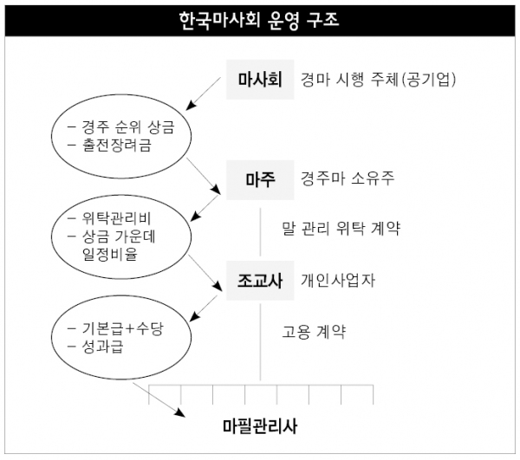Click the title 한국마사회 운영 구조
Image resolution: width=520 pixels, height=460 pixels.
coord(259,20)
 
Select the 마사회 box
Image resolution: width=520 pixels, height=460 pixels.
coord(260,80)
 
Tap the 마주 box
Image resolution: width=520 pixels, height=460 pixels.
coord(260,180)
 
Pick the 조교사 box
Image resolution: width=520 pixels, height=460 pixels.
coord(260,281)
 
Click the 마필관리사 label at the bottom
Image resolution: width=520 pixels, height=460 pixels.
coord(260,426)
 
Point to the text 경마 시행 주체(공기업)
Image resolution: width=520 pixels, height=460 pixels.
coord(378,80)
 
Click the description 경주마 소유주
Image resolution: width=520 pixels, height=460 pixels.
coord(348,178)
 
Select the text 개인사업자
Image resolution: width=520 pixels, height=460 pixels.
coord(338,281)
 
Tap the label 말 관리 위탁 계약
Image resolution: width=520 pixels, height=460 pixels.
coord(341,229)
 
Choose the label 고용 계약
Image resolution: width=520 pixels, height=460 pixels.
coord(314,332)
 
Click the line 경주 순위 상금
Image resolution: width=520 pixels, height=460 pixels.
coord(121,127)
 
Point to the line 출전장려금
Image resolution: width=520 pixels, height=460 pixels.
coord(109,145)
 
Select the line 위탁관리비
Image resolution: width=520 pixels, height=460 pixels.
coord(109,218)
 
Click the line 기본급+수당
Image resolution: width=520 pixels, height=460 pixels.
coord(115,328)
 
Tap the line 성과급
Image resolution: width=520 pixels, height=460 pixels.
coord(95,347)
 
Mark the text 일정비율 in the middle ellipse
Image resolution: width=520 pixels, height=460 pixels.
coord(110,254)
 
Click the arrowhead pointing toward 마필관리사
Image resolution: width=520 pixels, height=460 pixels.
coord(180,412)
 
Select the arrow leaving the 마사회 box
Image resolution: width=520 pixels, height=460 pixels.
coord(203,94)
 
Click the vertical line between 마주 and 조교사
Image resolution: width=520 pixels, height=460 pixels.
coord(260,232)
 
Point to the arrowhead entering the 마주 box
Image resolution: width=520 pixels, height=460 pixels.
coord(216,190)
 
